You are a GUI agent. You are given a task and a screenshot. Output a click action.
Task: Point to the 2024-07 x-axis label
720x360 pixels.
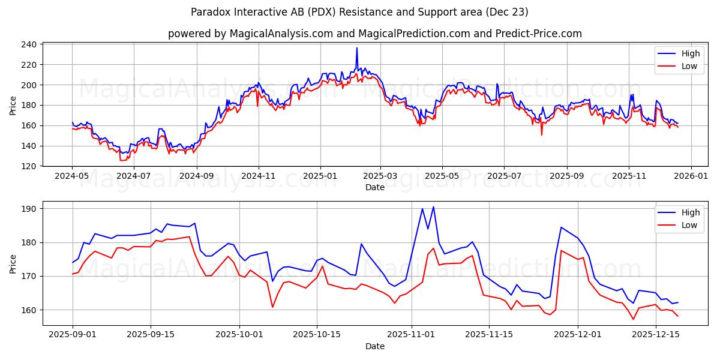click(134, 177)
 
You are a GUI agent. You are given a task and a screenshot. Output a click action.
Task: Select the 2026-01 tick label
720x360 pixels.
click(691, 177)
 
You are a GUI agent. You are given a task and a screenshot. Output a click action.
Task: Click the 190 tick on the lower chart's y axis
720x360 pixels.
click(30, 209)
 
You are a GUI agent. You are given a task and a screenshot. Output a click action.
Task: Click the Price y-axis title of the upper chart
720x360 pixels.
click(13, 105)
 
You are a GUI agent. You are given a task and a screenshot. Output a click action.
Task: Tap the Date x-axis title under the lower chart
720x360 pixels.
click(375, 346)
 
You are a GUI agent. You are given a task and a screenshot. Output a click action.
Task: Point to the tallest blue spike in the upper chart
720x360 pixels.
click(356, 48)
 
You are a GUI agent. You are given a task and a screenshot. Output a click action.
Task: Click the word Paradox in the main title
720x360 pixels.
click(211, 12)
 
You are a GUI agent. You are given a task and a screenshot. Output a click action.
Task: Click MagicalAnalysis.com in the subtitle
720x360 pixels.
click(281, 34)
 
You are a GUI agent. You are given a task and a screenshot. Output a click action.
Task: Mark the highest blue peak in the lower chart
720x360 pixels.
click(433, 207)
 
